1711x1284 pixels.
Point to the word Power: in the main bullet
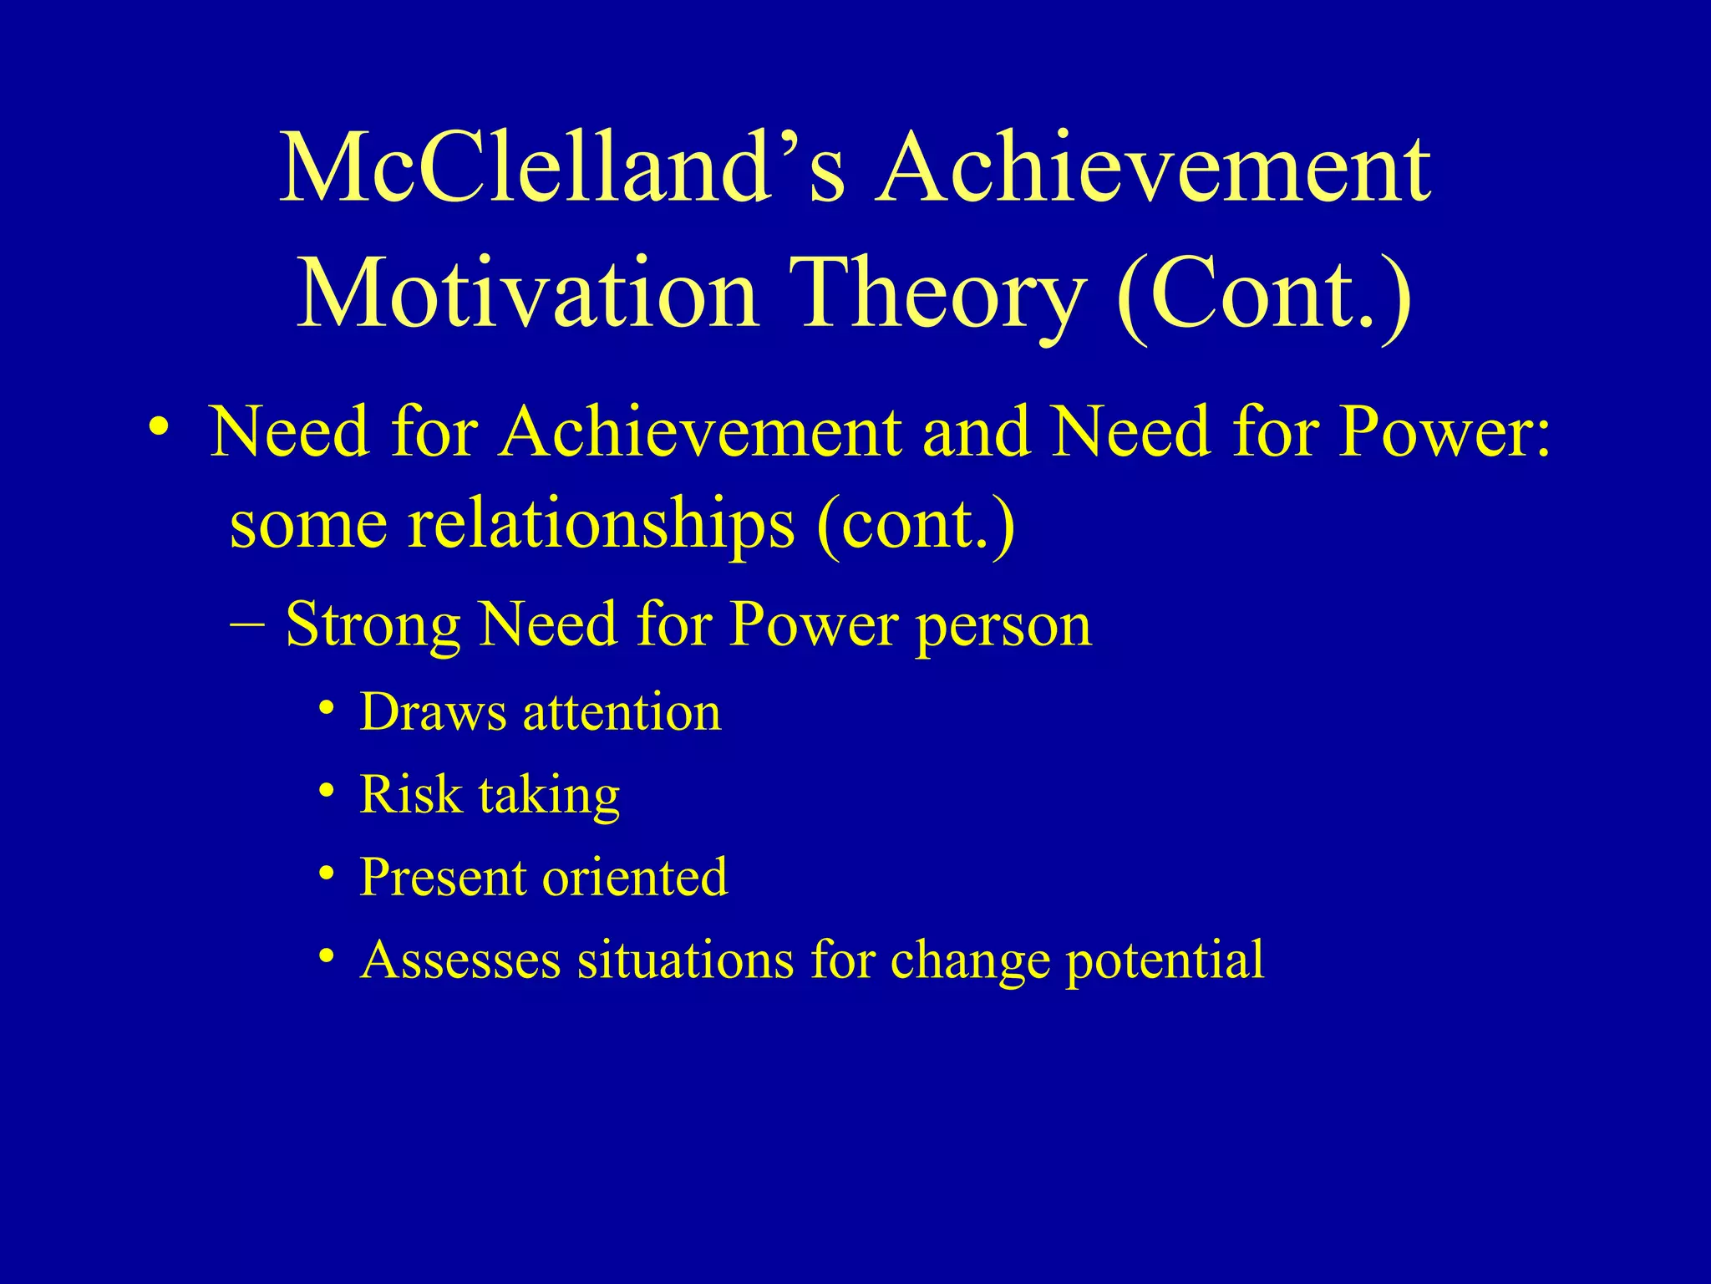[1445, 433]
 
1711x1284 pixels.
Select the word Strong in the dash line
[373, 625]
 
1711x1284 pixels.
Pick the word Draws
[433, 713]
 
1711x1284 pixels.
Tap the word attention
[622, 713]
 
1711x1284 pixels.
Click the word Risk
[410, 794]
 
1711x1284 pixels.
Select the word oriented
[635, 878]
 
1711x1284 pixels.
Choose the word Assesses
[460, 960]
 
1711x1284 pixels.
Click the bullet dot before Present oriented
[327, 874]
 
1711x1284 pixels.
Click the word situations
[685, 960]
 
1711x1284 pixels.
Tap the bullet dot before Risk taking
[327, 791]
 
